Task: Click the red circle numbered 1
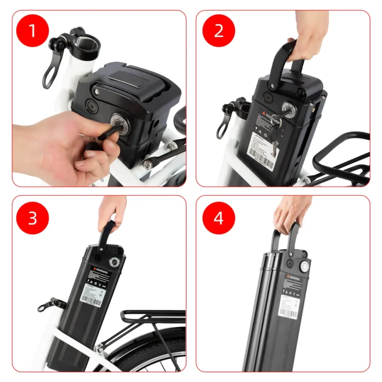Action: click(x=32, y=31)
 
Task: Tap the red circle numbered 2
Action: click(x=219, y=31)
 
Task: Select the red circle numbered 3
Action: click(x=32, y=218)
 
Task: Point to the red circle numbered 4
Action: click(x=219, y=218)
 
